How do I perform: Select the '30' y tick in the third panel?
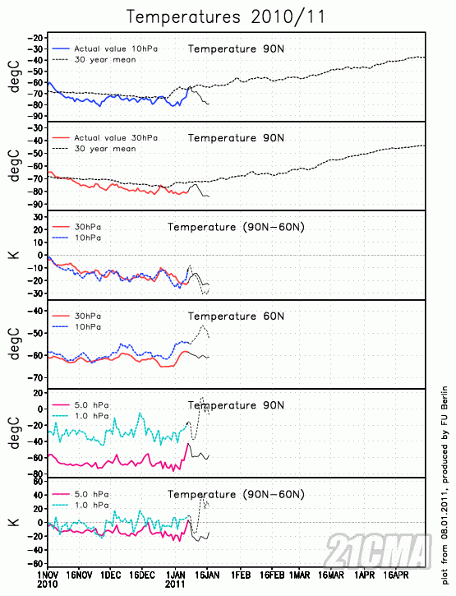pos(37,216)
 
